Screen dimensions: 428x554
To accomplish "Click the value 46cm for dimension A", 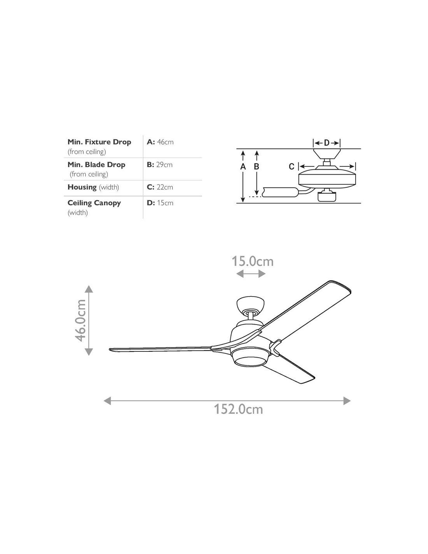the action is [x=165, y=142].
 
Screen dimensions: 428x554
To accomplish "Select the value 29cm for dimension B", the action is [x=164, y=165].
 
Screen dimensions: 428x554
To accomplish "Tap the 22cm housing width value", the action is [x=165, y=187].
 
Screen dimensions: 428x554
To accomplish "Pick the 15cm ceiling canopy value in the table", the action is [x=165, y=203].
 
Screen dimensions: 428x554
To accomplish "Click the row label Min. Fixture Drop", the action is [x=99, y=142].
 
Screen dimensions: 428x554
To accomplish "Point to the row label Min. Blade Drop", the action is [x=96, y=165].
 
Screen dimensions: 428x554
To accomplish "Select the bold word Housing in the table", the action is [x=82, y=187].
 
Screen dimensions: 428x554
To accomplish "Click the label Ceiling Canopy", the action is [x=94, y=203].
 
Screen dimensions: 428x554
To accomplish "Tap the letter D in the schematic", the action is [x=327, y=143].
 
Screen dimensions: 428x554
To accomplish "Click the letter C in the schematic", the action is [x=291, y=167].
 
